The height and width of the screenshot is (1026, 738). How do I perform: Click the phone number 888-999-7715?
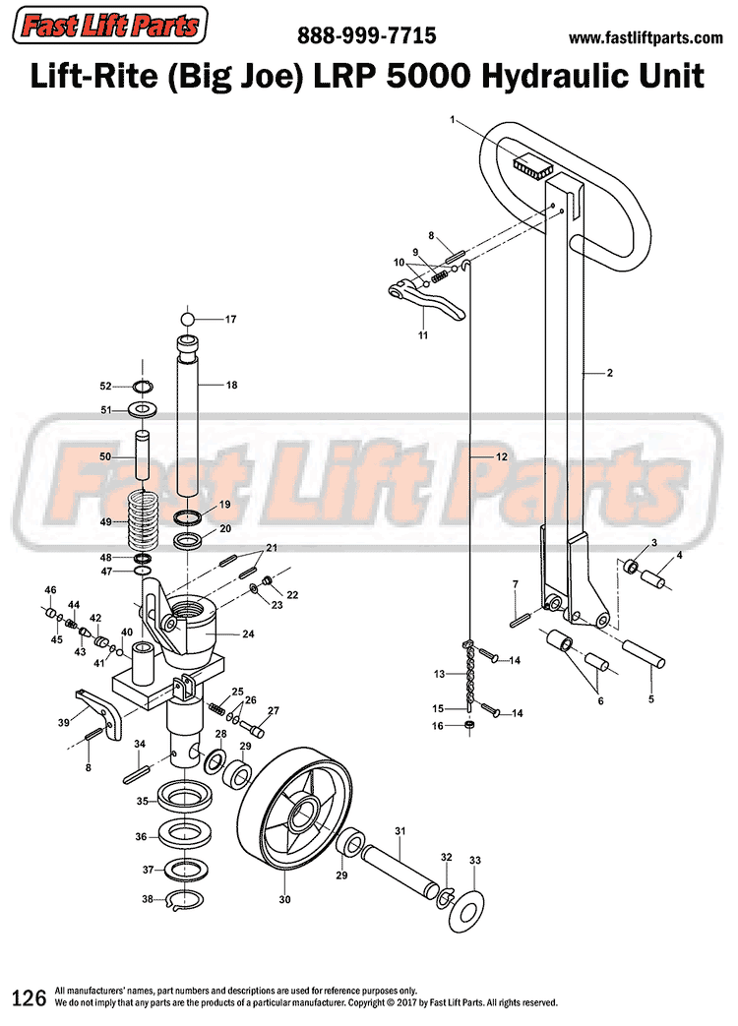pos(367,37)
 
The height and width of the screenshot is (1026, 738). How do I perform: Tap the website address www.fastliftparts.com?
pos(646,38)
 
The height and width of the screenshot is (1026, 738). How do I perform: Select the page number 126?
pos(29,997)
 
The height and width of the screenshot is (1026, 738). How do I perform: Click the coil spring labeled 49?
pos(144,520)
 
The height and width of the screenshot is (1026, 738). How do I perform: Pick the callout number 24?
pos(248,634)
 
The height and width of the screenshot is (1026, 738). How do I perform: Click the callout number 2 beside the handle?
pos(610,373)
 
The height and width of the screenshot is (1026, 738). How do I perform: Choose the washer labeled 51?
pos(144,408)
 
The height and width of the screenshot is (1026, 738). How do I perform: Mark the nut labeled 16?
pos(470,726)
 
